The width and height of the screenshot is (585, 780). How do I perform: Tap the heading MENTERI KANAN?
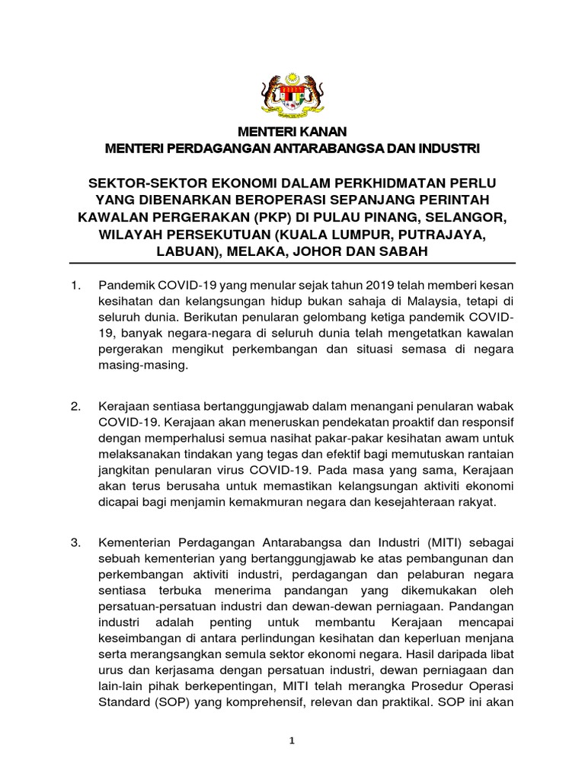point(292,133)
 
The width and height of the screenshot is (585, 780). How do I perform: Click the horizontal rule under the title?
point(292,263)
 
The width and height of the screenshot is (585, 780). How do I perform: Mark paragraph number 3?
point(75,542)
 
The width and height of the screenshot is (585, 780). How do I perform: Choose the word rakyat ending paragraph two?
point(476,502)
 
